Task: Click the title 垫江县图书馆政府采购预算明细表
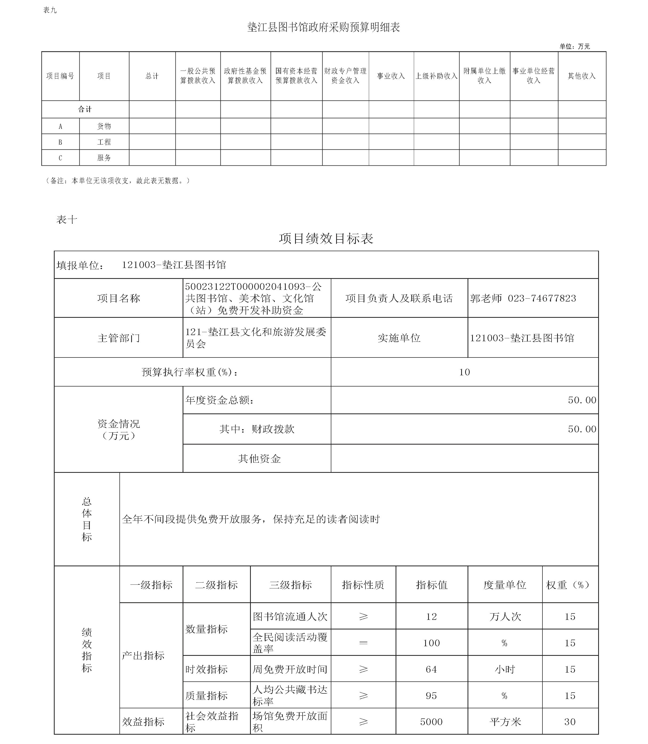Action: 323,27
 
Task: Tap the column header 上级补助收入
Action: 436,76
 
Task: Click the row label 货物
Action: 104,126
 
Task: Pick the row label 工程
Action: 104,142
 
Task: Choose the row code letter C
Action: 61,158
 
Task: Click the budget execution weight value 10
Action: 464,372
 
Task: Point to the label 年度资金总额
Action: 219,400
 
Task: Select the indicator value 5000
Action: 431,722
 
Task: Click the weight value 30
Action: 570,722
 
